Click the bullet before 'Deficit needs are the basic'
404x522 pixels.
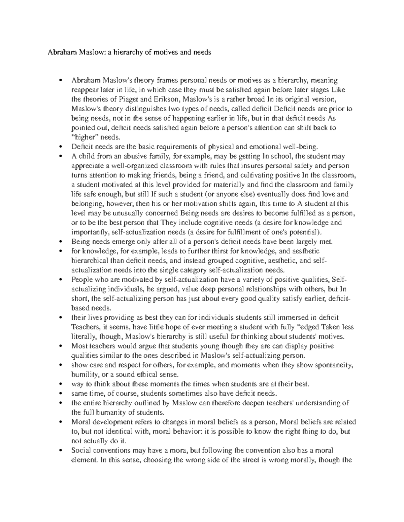click(61, 147)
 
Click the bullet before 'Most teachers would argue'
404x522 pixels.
click(61, 346)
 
